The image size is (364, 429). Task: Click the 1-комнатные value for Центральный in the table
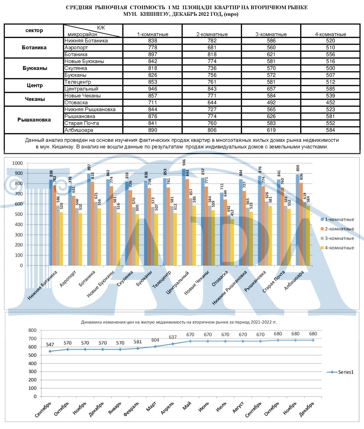coord(153,89)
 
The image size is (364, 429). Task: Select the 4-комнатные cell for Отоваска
coord(330,103)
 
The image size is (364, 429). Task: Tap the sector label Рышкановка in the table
coord(34,120)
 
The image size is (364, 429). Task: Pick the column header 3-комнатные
coord(271,34)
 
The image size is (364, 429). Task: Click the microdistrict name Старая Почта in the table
coord(81,123)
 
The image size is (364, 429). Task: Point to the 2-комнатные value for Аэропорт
coord(212,48)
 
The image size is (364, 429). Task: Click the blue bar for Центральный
coord(184,217)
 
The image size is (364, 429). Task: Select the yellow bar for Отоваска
coord(232,242)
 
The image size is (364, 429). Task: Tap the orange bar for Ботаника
coord(92,224)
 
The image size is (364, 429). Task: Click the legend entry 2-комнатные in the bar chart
coord(337,229)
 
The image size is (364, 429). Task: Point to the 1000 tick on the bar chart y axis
coord(17,163)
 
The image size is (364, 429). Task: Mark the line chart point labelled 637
coord(173,344)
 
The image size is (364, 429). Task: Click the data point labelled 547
coord(50,351)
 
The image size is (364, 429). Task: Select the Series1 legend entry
coord(340,372)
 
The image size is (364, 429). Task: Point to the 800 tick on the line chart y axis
coord(32,330)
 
